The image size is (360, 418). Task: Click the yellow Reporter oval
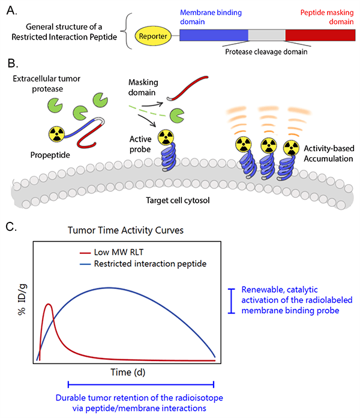click(154, 35)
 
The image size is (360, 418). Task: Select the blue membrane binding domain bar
click(212, 35)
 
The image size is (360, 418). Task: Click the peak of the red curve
click(49, 305)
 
